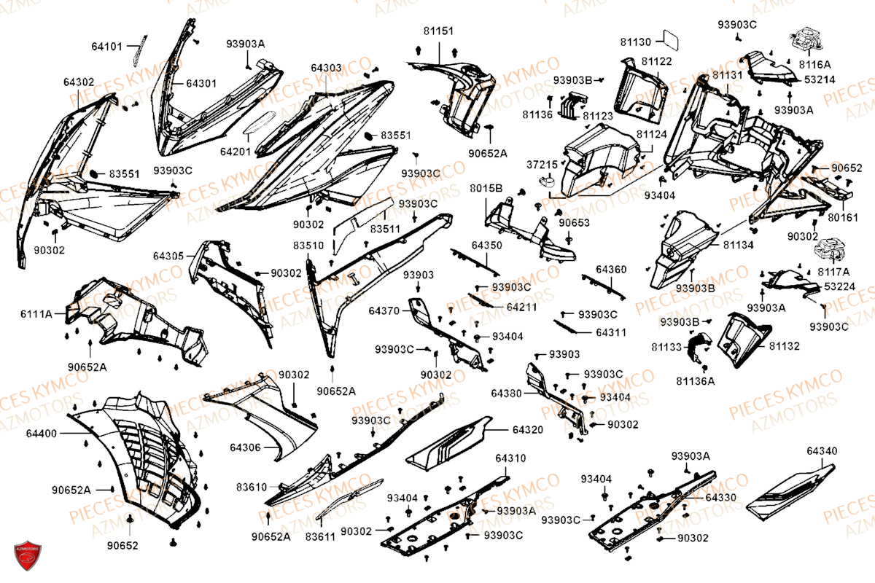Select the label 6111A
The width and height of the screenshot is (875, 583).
[36, 314]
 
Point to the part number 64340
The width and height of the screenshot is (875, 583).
[822, 451]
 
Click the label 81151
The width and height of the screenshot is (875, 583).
[437, 31]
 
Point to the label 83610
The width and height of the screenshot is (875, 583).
[251, 486]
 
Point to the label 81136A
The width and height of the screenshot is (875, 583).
[695, 380]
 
